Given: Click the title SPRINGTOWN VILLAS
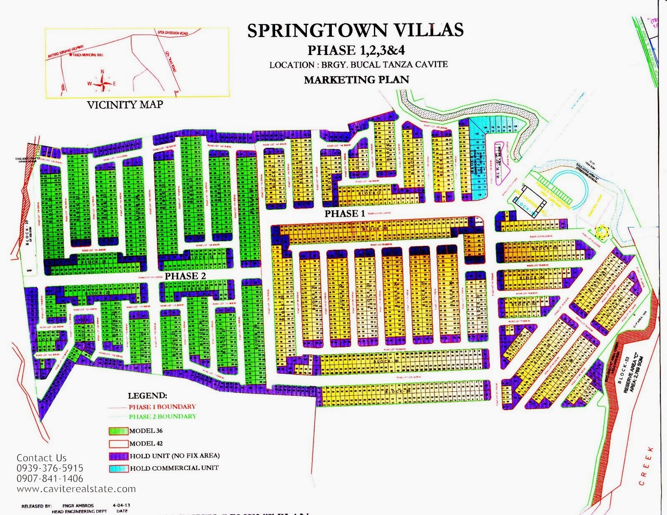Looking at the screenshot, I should click(x=355, y=30).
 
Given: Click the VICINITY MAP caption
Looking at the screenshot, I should click(x=125, y=105).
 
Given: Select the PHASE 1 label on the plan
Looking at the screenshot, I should click(x=345, y=214).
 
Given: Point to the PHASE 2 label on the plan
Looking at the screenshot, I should click(x=185, y=276).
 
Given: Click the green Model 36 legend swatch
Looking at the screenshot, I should click(x=118, y=431).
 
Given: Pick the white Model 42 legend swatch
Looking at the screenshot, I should click(x=118, y=444).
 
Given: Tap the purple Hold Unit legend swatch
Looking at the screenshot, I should click(x=118, y=456).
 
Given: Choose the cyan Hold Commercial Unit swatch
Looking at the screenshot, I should click(x=118, y=468).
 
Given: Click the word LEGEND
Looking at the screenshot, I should click(x=147, y=396).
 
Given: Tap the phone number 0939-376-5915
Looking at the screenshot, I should click(x=50, y=468).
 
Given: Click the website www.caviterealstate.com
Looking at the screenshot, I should click(x=76, y=489).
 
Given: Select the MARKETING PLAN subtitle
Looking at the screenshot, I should click(x=356, y=80).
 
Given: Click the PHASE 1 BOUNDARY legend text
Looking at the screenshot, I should click(x=162, y=407).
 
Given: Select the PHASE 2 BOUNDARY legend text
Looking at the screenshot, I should click(x=162, y=416).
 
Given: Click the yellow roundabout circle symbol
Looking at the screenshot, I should click(x=602, y=230).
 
